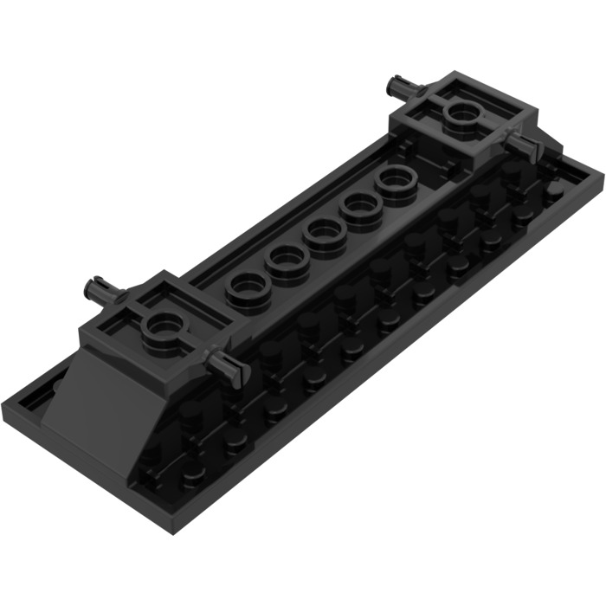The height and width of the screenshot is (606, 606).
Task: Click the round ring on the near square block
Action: pyautogui.click(x=163, y=326)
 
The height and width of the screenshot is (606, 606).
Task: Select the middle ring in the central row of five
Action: pyautogui.click(x=324, y=232)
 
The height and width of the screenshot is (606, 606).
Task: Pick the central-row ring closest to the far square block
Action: pyautogui.click(x=397, y=180)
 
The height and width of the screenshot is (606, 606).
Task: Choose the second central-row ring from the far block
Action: pyautogui.click(x=361, y=206)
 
